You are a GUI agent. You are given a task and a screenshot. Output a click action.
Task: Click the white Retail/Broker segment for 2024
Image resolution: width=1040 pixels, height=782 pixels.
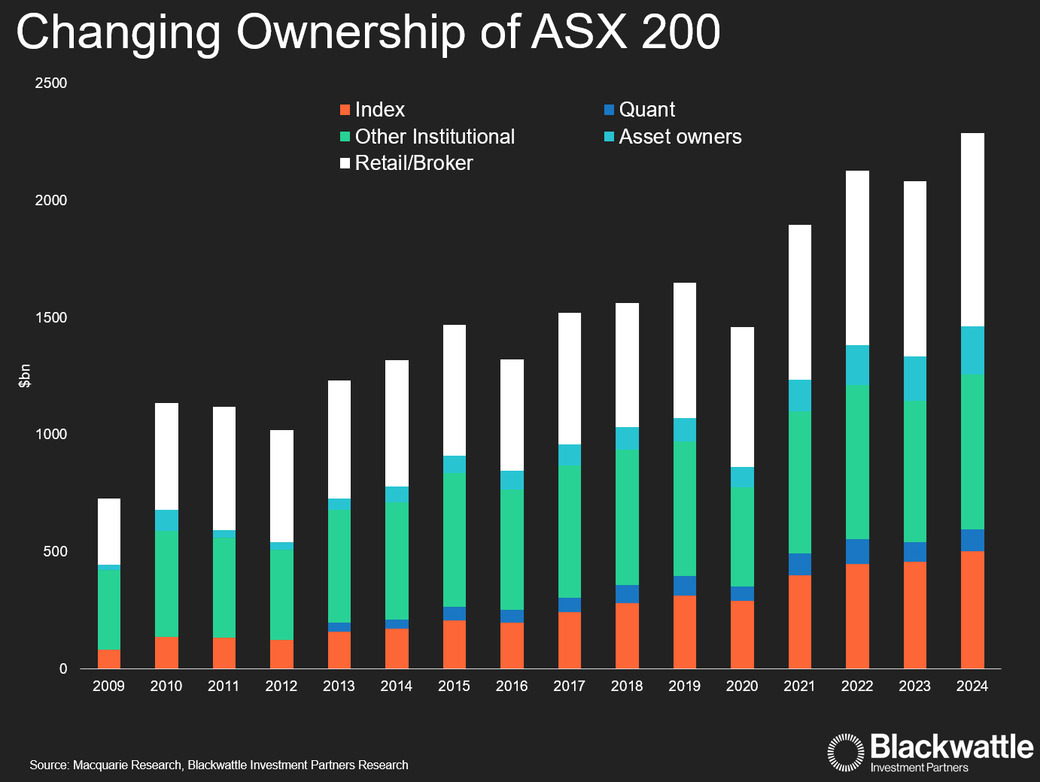click(972, 229)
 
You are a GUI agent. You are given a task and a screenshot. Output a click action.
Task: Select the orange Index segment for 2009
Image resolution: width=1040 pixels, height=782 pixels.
click(109, 659)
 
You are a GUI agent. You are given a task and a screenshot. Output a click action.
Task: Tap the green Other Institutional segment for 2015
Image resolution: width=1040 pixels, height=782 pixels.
click(455, 540)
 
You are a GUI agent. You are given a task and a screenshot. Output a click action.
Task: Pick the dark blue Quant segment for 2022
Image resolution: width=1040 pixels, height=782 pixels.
click(857, 551)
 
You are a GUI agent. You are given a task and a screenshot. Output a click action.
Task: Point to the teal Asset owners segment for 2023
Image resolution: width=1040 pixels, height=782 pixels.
click(914, 378)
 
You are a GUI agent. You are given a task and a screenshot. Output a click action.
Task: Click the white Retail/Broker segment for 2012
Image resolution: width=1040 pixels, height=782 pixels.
click(281, 486)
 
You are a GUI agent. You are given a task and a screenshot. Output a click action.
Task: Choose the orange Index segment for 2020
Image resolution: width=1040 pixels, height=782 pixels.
click(742, 634)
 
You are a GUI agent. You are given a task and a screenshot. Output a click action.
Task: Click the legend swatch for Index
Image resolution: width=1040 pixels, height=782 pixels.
click(345, 110)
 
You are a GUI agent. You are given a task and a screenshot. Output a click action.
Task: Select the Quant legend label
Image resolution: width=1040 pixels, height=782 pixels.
click(646, 110)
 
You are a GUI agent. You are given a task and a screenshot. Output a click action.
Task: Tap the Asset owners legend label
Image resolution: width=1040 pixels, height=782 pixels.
click(680, 137)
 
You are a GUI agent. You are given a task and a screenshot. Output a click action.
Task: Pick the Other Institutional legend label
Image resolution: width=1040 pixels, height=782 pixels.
click(434, 137)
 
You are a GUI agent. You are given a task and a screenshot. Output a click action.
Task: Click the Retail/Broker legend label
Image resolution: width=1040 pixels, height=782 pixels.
click(414, 163)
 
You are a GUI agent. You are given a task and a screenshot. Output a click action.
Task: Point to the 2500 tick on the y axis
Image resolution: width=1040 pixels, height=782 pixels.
click(51, 83)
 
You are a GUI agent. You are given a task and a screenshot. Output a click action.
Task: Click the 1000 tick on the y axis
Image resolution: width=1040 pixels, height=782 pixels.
click(51, 435)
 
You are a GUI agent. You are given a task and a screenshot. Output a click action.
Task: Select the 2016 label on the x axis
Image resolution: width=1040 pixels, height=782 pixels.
click(512, 686)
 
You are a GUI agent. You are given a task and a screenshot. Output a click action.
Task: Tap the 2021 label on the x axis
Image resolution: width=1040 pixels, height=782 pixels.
click(799, 686)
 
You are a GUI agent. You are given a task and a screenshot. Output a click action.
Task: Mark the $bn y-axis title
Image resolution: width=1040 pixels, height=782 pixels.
click(25, 376)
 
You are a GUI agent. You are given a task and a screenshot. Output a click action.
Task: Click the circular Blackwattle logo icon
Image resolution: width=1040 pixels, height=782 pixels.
click(846, 752)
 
